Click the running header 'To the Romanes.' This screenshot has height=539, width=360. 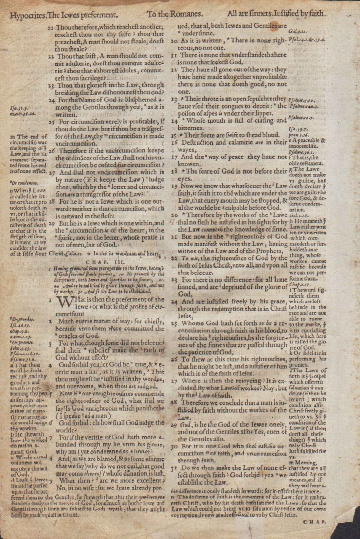point(175,14)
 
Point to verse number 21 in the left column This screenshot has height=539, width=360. point(51,28)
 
